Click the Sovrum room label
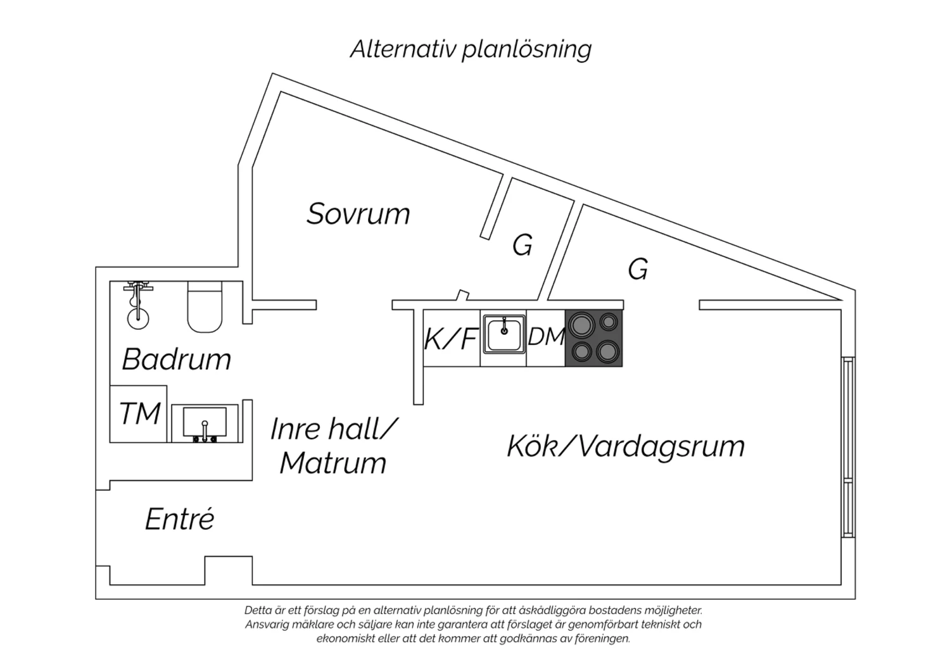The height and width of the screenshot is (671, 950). pos(358,214)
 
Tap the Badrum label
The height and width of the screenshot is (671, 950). pos(176,360)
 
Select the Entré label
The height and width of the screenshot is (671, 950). pos(180,520)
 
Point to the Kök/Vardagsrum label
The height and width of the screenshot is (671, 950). pos(625,446)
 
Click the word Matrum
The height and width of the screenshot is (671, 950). pos(332,463)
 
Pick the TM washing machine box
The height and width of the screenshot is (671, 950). pos(139,414)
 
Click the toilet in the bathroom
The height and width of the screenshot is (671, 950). pos(205,307)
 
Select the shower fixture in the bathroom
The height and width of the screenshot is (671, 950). pos(137,304)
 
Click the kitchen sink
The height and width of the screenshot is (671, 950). pos(503,334)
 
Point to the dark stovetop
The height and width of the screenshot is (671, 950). pos(593,339)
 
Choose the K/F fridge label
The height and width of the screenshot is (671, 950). pos(450,339)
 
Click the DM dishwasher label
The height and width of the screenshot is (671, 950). pos(546,337)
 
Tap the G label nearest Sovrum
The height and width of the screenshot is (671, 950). pos(522,246)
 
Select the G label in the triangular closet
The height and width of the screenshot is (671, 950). pos(638,270)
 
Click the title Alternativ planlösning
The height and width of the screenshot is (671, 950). pos(471,49)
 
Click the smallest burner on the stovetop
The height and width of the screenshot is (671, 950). pos(609,322)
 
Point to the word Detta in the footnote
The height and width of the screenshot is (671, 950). pos(258,611)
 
